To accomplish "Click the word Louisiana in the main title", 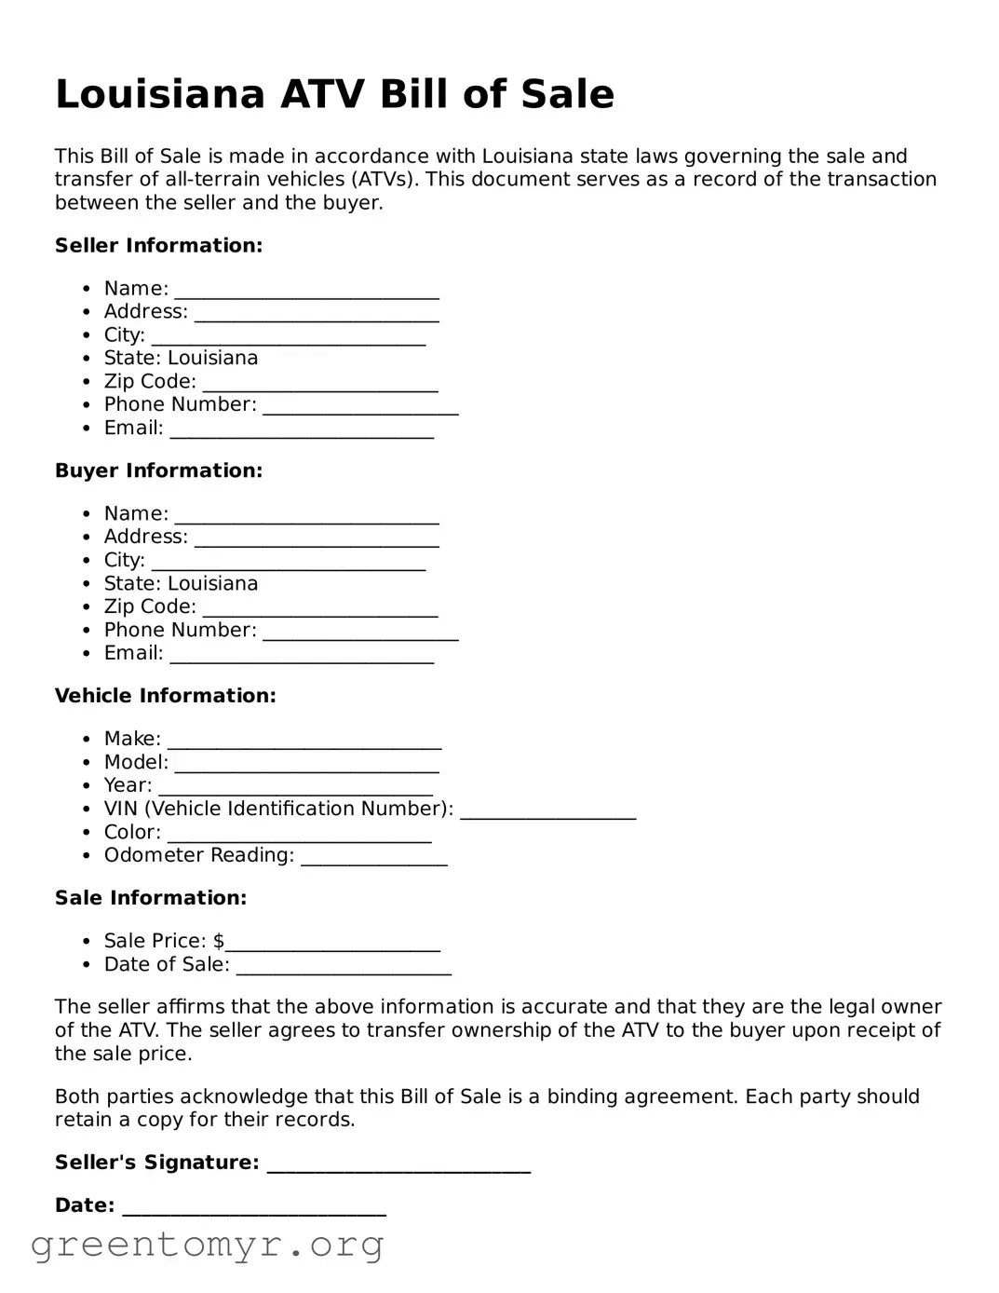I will click(x=160, y=95).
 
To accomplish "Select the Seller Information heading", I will click(x=158, y=246).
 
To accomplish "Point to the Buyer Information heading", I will click(x=158, y=471).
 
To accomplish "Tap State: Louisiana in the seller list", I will click(x=181, y=359).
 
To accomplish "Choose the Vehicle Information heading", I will click(x=165, y=696).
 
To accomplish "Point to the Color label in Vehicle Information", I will click(x=131, y=833).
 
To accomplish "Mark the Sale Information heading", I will click(x=150, y=898).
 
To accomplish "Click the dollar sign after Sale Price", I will click(x=219, y=941).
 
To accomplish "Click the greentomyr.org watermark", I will click(x=207, y=1245).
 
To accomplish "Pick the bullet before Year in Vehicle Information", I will click(x=87, y=786).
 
